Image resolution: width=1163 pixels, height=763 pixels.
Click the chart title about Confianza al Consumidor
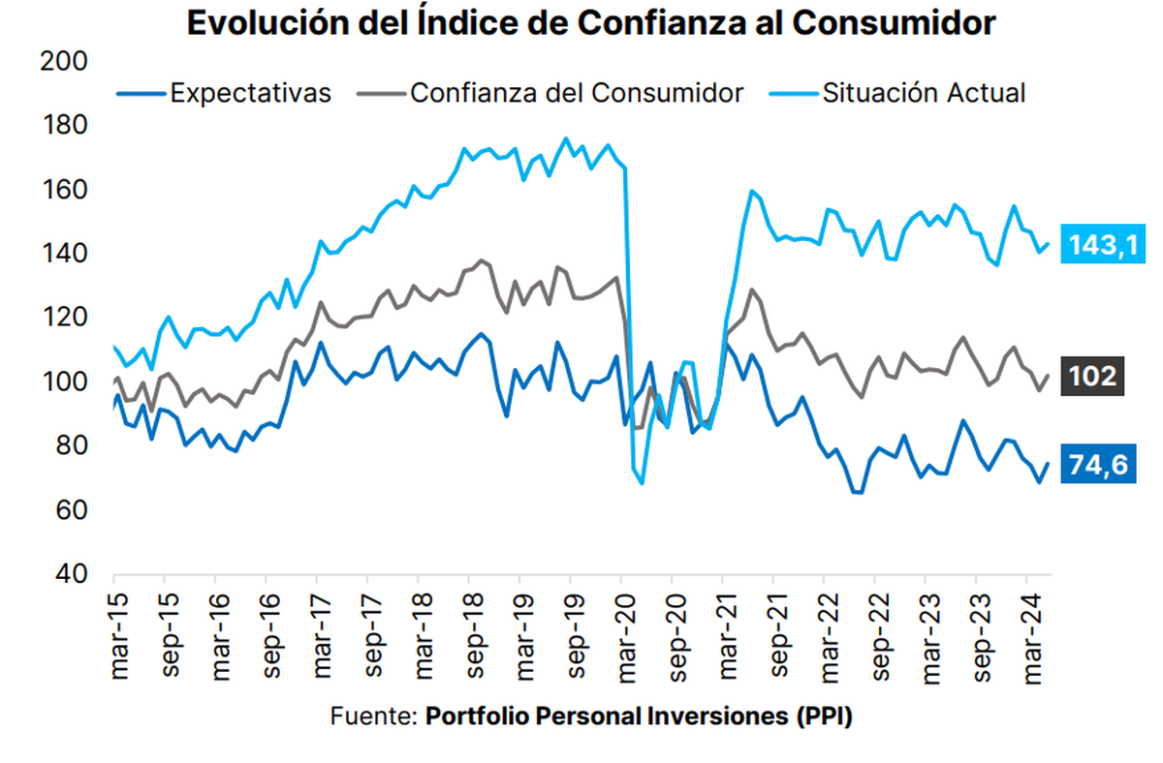click(590, 23)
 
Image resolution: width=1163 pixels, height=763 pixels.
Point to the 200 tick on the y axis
click(66, 62)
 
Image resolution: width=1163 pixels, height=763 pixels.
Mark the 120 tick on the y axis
click(66, 319)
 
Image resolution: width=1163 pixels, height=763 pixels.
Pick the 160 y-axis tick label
click(66, 190)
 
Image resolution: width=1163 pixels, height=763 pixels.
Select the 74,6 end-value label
click(1095, 465)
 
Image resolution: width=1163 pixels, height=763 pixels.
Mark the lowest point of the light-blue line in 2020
click(642, 482)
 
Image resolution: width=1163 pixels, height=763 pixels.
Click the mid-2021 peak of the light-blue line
click(752, 191)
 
